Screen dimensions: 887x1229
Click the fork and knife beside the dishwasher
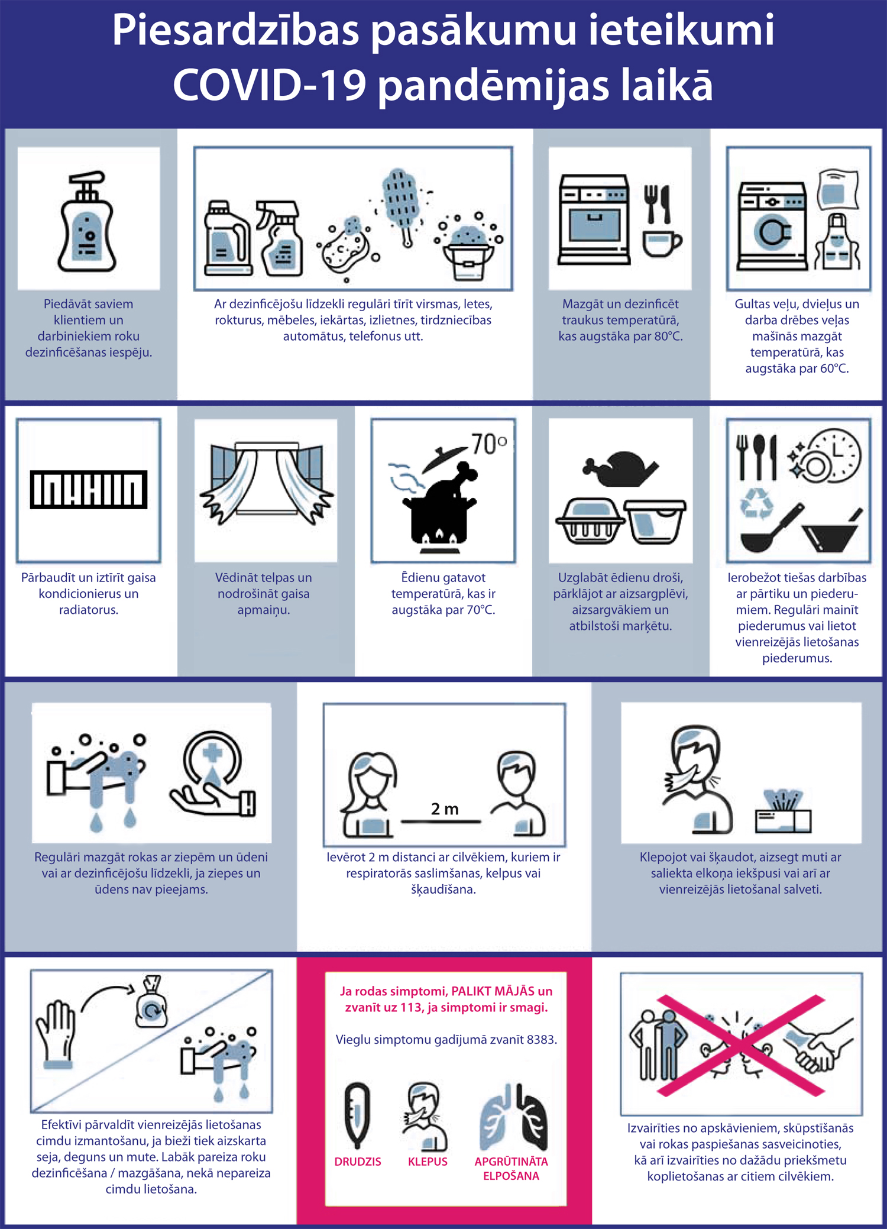tap(658, 204)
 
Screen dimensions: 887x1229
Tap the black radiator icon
tap(89, 490)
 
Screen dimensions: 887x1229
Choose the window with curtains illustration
tap(266, 483)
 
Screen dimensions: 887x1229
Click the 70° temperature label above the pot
tap(489, 444)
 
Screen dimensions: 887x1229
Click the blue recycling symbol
tap(757, 504)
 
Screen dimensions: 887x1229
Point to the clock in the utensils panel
tap(834, 455)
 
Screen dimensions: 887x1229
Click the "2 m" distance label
tap(445, 809)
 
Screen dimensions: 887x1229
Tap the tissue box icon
tap(784, 811)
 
